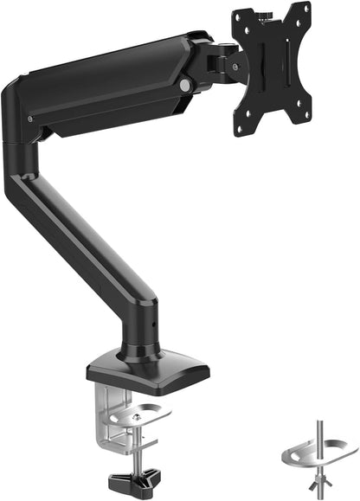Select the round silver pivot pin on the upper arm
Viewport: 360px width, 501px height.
pyautogui.click(x=184, y=83)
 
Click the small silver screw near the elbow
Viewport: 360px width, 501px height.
pyautogui.click(x=31, y=119)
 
